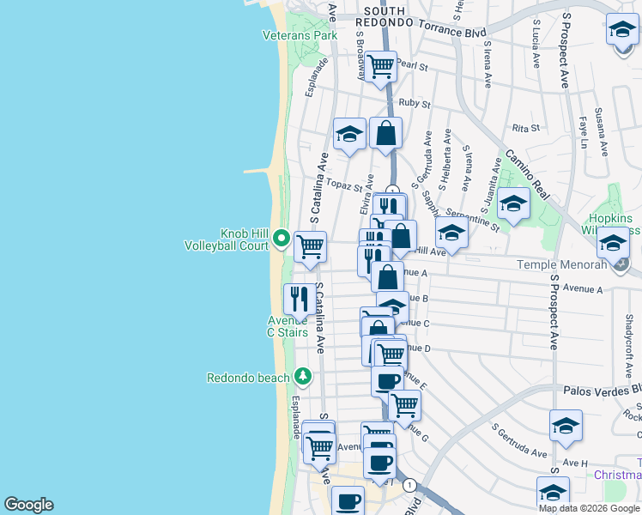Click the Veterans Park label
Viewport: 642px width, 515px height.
pyautogui.click(x=300, y=35)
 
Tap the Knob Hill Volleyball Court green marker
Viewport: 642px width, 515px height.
pyautogui.click(x=280, y=239)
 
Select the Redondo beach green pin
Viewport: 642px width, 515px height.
pyautogui.click(x=302, y=376)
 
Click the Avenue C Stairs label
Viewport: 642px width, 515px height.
pyautogui.click(x=288, y=326)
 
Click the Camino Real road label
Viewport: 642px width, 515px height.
pyautogui.click(x=526, y=173)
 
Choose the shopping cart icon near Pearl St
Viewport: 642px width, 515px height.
pyautogui.click(x=380, y=65)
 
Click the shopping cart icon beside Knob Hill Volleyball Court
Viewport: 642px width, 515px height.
pyautogui.click(x=310, y=247)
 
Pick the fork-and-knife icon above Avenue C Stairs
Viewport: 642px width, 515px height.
pyautogui.click(x=299, y=298)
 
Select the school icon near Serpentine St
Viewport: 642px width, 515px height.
pyautogui.click(x=513, y=204)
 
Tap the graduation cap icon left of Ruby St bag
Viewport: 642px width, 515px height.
pyautogui.click(x=349, y=134)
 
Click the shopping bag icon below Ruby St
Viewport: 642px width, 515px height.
pyautogui.click(x=386, y=133)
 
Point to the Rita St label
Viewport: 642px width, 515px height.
pyautogui.click(x=524, y=128)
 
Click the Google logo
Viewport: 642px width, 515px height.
pyautogui.click(x=28, y=505)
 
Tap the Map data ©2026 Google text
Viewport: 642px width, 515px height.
pyautogui.click(x=589, y=508)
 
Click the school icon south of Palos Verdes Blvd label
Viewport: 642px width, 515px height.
pyautogui.click(x=566, y=426)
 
